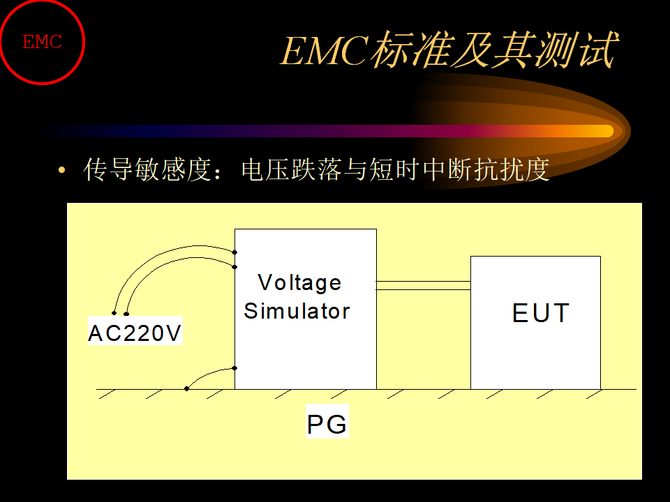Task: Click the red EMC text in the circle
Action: click(x=43, y=43)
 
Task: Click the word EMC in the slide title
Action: click(x=325, y=50)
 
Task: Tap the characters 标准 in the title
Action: click(x=411, y=50)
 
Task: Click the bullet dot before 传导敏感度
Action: click(x=62, y=170)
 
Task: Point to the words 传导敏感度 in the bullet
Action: click(x=147, y=169)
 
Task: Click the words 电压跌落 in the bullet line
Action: click(x=292, y=169)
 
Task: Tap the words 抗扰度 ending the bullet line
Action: click(x=512, y=169)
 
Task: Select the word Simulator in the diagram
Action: click(x=297, y=311)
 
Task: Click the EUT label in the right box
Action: click(x=540, y=313)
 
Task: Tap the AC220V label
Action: click(x=135, y=333)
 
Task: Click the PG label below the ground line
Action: click(x=327, y=424)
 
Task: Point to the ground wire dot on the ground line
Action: click(x=187, y=388)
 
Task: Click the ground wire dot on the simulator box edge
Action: click(x=234, y=368)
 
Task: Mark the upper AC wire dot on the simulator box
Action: click(x=234, y=252)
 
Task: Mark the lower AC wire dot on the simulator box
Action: click(x=234, y=267)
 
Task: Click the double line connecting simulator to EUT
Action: click(x=424, y=286)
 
